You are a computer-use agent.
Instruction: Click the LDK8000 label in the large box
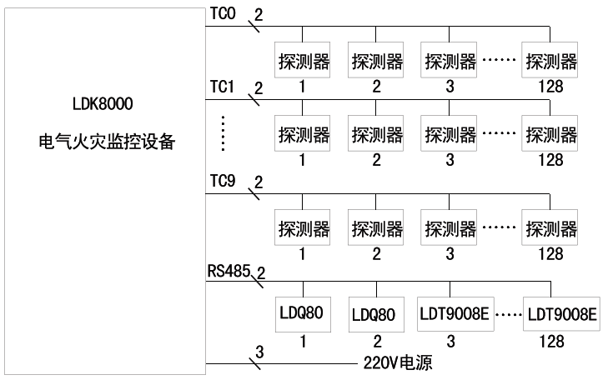click(103, 106)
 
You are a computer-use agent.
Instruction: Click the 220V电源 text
click(399, 363)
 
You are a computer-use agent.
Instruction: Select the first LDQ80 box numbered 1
click(302, 314)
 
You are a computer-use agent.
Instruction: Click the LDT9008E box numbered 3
click(451, 314)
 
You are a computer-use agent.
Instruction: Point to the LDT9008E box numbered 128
click(560, 314)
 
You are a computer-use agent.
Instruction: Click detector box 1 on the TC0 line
click(302, 61)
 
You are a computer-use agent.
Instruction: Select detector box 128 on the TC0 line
click(550, 61)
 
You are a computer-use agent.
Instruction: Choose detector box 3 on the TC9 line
click(450, 228)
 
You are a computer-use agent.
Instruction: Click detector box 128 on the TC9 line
click(550, 228)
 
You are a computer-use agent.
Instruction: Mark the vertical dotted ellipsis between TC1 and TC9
click(223, 132)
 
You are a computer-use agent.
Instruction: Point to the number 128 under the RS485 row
click(550, 342)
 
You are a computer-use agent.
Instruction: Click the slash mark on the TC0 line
click(256, 28)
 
